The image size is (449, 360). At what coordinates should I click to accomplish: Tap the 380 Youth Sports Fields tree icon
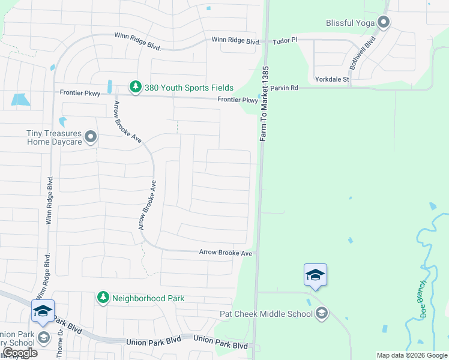click(136, 88)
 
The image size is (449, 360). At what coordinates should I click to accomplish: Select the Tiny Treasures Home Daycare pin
click(91, 137)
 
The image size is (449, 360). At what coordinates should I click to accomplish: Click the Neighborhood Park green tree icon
click(103, 298)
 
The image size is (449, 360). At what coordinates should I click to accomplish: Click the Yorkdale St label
click(332, 79)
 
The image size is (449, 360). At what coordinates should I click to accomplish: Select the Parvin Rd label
click(284, 88)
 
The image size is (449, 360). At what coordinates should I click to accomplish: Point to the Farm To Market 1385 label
click(264, 104)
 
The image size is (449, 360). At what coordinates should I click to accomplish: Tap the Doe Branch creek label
click(424, 299)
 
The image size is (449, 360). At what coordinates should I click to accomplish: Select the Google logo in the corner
click(19, 353)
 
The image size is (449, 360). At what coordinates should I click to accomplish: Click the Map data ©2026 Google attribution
click(412, 355)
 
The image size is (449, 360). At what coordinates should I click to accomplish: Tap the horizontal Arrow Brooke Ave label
click(226, 253)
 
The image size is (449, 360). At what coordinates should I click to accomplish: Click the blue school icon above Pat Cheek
click(315, 275)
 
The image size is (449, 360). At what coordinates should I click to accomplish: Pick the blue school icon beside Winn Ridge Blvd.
click(43, 311)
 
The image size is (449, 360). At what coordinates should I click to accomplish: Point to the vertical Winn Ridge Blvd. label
click(49, 200)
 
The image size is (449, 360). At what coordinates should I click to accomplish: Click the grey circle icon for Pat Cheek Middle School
click(322, 313)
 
